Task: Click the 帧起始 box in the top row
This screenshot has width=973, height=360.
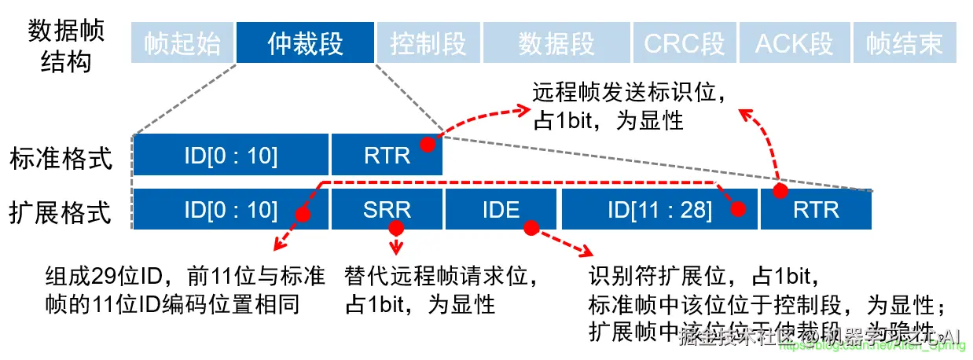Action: click(182, 43)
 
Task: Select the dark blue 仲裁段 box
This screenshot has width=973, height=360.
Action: click(305, 43)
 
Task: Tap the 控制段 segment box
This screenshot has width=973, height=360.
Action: click(428, 43)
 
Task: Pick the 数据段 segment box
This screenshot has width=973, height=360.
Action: click(556, 43)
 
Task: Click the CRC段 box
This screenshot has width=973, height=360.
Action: click(684, 43)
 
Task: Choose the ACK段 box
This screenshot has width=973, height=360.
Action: click(794, 43)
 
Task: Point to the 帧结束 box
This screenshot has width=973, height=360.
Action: click(905, 43)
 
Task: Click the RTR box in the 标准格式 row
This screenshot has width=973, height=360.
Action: click(387, 155)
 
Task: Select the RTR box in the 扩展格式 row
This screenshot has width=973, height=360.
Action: click(816, 210)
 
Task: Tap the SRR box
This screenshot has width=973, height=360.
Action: click(387, 210)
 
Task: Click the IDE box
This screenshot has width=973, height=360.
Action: click(501, 210)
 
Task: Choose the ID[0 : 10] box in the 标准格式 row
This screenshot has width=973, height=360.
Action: click(230, 155)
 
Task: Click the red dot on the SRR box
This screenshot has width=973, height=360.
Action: click(395, 228)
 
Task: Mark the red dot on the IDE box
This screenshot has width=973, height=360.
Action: click(531, 228)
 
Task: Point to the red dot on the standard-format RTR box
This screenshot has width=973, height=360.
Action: click(427, 145)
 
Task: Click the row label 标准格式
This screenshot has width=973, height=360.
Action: click(61, 157)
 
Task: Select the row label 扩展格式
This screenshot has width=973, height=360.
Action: click(61, 212)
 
